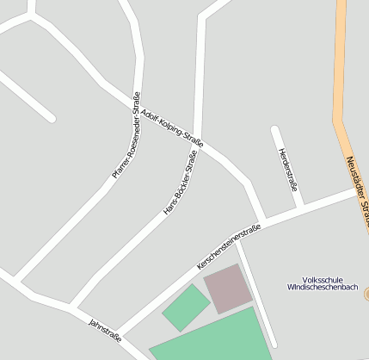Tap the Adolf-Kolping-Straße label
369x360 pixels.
pos(172,127)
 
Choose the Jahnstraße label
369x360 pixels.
pos(104,331)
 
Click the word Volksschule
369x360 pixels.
pos(323,279)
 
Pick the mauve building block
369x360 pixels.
pos(228,288)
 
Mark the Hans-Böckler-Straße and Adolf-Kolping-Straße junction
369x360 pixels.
pos(198,137)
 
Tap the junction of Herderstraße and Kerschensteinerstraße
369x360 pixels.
pos(300,209)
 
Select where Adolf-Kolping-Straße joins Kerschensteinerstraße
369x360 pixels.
pos(261,223)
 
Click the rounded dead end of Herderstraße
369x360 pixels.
pos(275,131)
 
